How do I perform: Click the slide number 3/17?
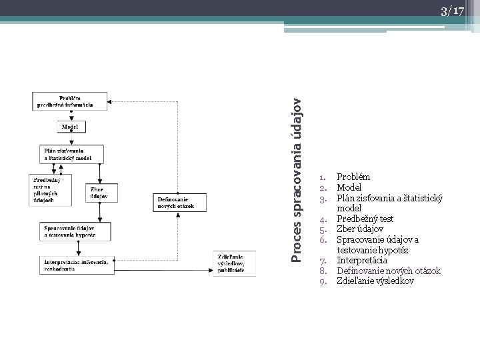tap(451, 11)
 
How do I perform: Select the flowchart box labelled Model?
tap(70, 126)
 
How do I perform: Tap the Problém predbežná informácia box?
tap(70, 101)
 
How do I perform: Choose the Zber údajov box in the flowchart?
tap(101, 192)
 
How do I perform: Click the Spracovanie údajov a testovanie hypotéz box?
tap(75, 232)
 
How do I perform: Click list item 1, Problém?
tap(353, 177)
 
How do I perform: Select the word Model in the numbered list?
tap(349, 187)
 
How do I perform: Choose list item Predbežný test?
tap(365, 219)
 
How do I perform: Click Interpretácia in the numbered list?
tap(362, 260)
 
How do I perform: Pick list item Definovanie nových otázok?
tap(388, 271)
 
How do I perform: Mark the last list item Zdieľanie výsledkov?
tap(375, 281)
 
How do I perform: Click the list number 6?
tap(322, 239)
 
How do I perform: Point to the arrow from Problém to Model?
tap(70, 115)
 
